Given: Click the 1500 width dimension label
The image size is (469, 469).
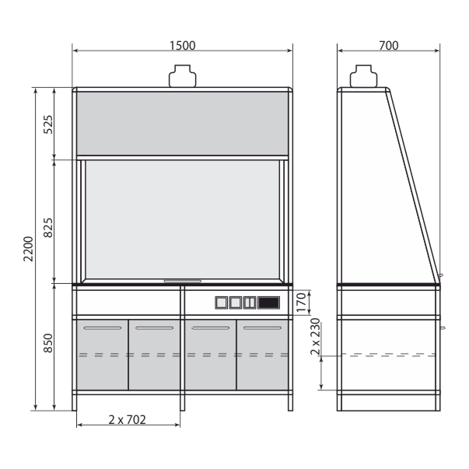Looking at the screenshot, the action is (183, 46).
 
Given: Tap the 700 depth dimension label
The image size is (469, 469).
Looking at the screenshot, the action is (389, 46).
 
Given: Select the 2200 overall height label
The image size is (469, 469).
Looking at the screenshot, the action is (29, 249).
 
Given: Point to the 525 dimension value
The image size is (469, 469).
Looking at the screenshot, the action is (48, 124).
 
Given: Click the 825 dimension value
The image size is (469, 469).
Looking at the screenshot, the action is (48, 228).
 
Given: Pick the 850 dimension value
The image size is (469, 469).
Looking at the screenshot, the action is (48, 343).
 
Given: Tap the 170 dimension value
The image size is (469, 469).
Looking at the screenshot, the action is (301, 303).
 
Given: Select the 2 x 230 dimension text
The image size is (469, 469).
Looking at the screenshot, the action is (315, 337).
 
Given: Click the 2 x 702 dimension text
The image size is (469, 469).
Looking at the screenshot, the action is (127, 420).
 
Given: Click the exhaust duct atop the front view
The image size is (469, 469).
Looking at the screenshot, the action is (183, 76).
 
